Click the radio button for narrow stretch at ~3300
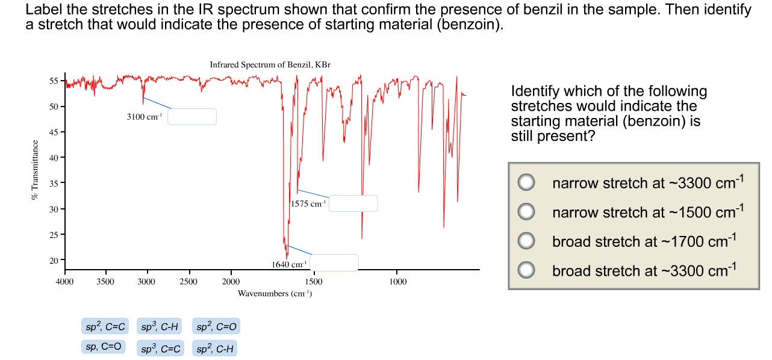click(527, 182)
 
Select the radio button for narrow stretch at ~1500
click(527, 211)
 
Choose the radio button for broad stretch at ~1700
click(527, 241)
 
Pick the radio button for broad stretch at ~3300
click(527, 270)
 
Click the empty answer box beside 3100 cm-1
click(191, 117)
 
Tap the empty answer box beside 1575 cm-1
click(353, 203)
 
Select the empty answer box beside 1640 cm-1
click(334, 263)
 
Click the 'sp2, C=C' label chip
click(104, 327)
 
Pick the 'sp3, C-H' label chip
click(159, 327)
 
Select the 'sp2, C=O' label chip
click(217, 327)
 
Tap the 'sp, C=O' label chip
click(104, 347)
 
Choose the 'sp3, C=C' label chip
click(161, 348)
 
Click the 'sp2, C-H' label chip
click(215, 348)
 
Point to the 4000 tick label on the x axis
click(64, 282)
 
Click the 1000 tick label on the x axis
click(397, 282)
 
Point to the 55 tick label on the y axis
click(53, 81)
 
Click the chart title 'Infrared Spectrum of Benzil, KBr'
click(270, 64)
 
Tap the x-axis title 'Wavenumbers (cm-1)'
click(275, 294)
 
